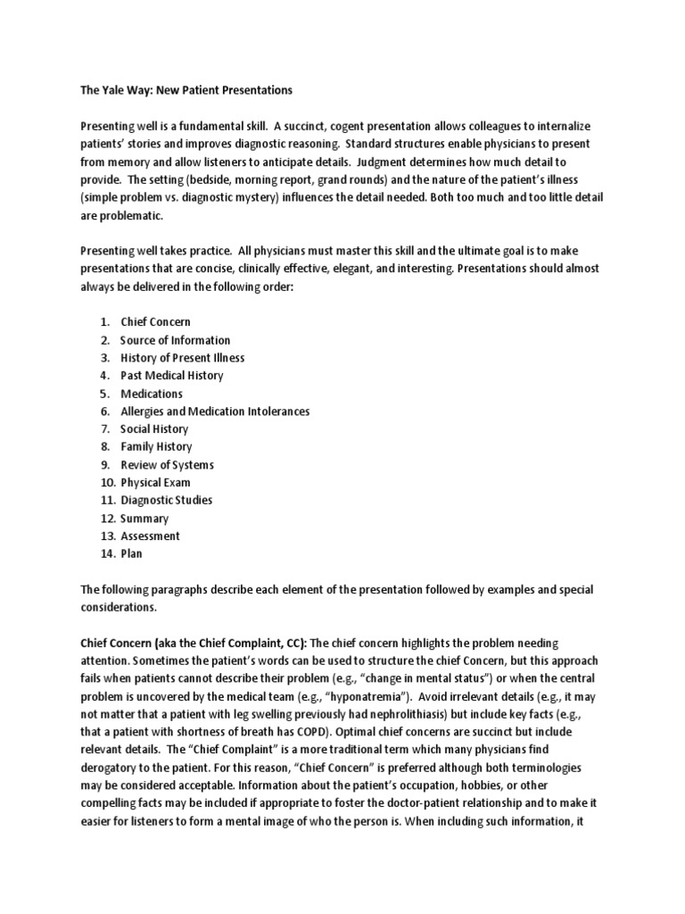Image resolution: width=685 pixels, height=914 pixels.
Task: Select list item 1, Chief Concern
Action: tap(155, 321)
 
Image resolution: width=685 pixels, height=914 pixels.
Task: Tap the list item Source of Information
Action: tap(175, 339)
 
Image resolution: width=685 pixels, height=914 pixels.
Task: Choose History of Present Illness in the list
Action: tap(182, 357)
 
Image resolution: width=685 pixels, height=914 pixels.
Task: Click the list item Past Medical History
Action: tap(171, 375)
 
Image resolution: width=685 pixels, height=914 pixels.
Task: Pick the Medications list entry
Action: tap(151, 393)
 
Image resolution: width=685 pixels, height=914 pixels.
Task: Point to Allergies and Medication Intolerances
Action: tap(215, 411)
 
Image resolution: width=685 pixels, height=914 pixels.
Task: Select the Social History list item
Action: tap(154, 428)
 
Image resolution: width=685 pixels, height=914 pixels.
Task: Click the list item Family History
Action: tap(155, 446)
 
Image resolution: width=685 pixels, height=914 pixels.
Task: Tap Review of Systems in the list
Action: tap(167, 464)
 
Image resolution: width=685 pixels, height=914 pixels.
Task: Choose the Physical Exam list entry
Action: tap(154, 482)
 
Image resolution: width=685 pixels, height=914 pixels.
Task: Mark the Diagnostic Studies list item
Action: tap(166, 500)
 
